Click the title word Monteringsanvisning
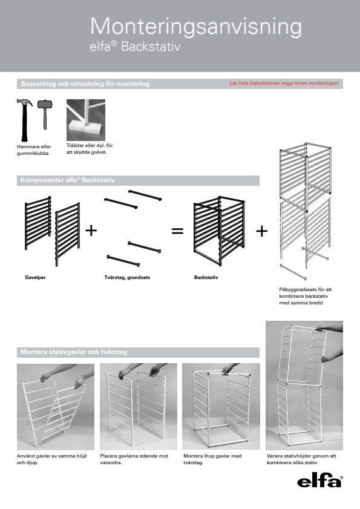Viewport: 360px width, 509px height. [x=196, y=27]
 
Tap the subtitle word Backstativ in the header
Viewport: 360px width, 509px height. [x=151, y=47]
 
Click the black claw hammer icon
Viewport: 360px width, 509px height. [x=24, y=120]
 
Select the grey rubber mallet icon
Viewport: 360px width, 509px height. [x=45, y=114]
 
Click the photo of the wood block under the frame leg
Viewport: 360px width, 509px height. [x=86, y=120]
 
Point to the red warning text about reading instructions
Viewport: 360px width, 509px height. [x=284, y=83]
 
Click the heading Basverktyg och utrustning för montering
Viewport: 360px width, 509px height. [x=85, y=84]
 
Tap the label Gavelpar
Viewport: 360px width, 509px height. [x=35, y=278]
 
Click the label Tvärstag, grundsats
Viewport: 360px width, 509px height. [x=127, y=278]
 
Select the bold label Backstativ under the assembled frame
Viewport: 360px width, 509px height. [x=206, y=278]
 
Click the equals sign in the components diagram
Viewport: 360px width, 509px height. [x=177, y=231]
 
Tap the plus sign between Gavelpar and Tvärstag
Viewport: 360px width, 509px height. [x=91, y=231]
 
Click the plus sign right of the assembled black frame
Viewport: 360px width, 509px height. [x=261, y=231]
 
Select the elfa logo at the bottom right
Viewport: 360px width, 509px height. [x=319, y=481]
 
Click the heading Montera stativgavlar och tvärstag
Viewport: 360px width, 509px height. [x=74, y=352]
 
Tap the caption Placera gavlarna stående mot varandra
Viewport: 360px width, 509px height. [x=134, y=459]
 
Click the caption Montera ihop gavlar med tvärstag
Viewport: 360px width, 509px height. [x=212, y=459]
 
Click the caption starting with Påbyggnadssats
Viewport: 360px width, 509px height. [x=306, y=296]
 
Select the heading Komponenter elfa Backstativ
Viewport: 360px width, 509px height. [x=67, y=180]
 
